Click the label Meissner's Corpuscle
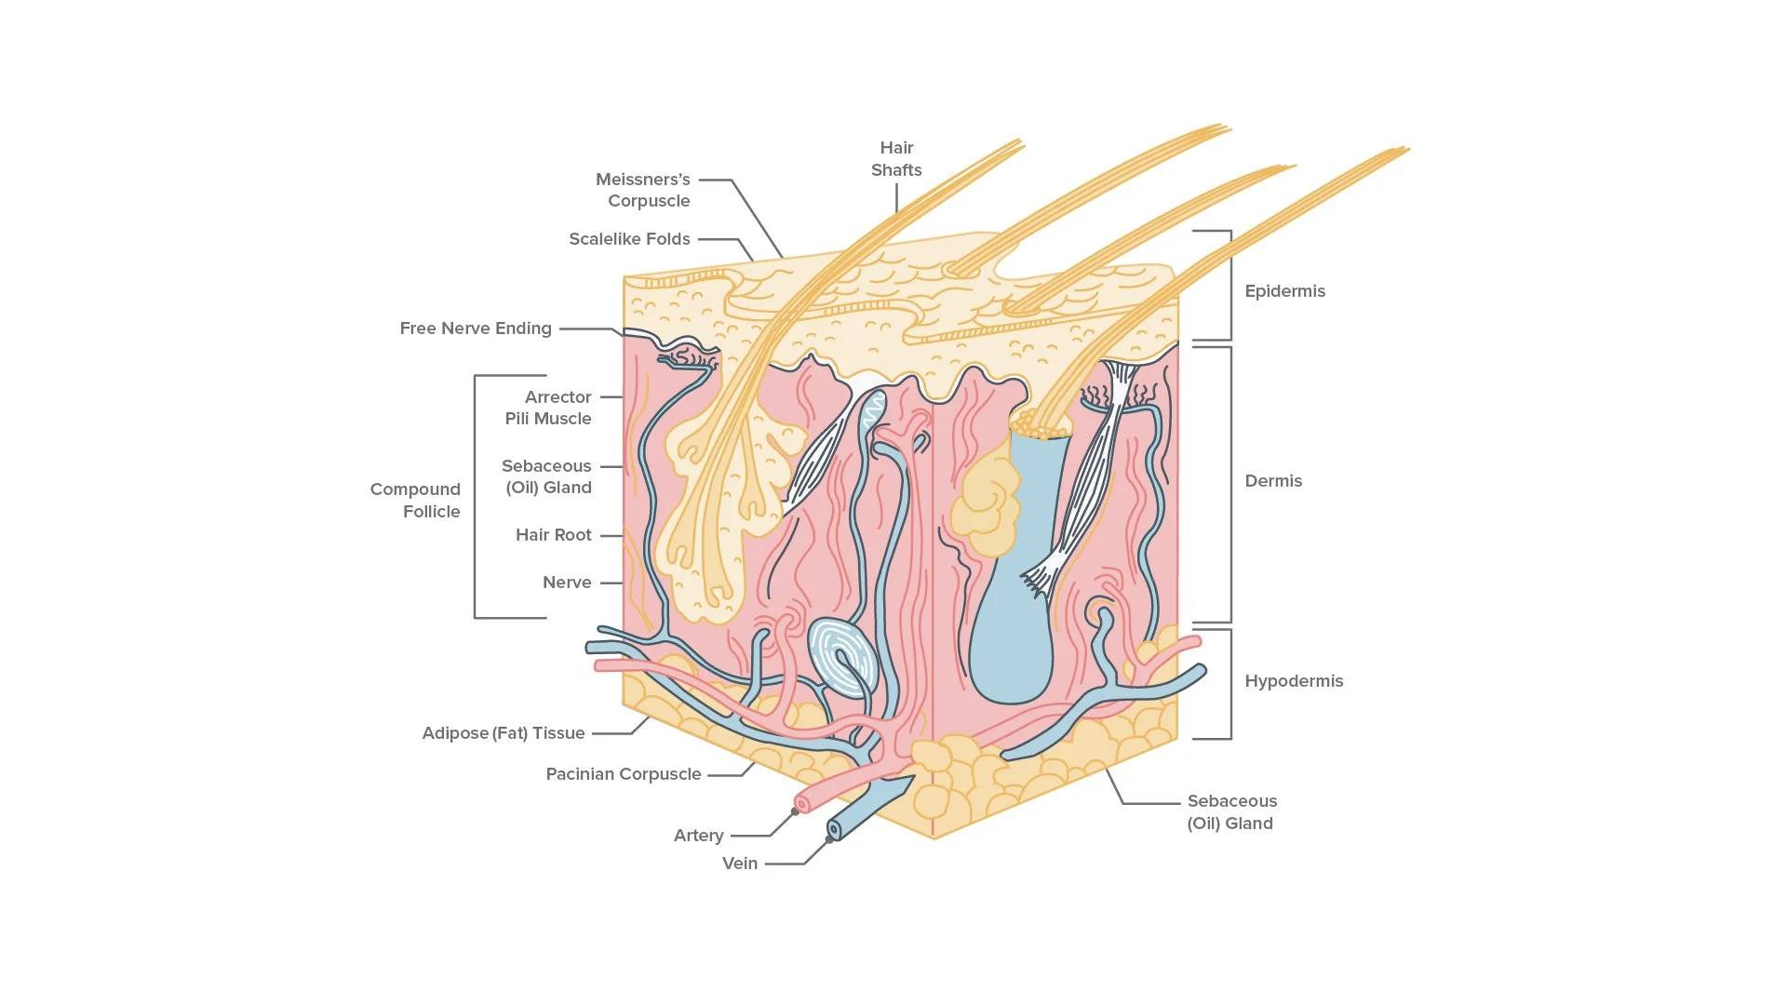pos(643,190)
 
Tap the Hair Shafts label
pos(896,159)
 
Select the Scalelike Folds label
pos(629,239)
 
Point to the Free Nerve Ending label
pos(476,328)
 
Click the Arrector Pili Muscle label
pos(549,408)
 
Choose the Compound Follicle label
pos(416,501)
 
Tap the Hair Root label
pos(554,535)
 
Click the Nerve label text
pos(567,583)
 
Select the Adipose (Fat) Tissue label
pos(504,733)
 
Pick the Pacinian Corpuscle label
pos(624,774)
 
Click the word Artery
pos(699,836)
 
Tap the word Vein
pos(740,864)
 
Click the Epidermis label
pos(1284,291)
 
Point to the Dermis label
pos(1273,481)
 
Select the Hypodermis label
pos(1294,681)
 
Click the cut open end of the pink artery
pos(802,804)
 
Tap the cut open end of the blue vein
pos(835,830)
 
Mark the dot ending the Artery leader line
pos(795,812)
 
